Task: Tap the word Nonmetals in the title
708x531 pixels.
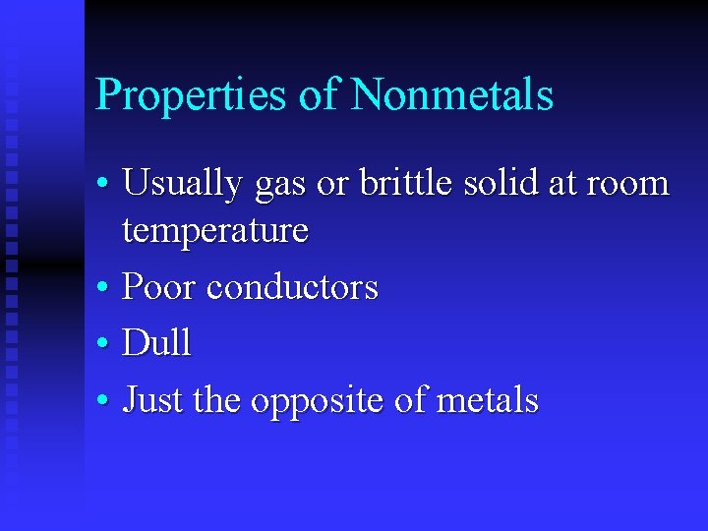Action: [x=451, y=94]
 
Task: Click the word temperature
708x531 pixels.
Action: [x=214, y=232]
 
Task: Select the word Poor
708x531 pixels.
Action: [x=158, y=287]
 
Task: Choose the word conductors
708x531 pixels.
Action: [x=292, y=287]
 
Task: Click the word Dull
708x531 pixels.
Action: [x=156, y=343]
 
